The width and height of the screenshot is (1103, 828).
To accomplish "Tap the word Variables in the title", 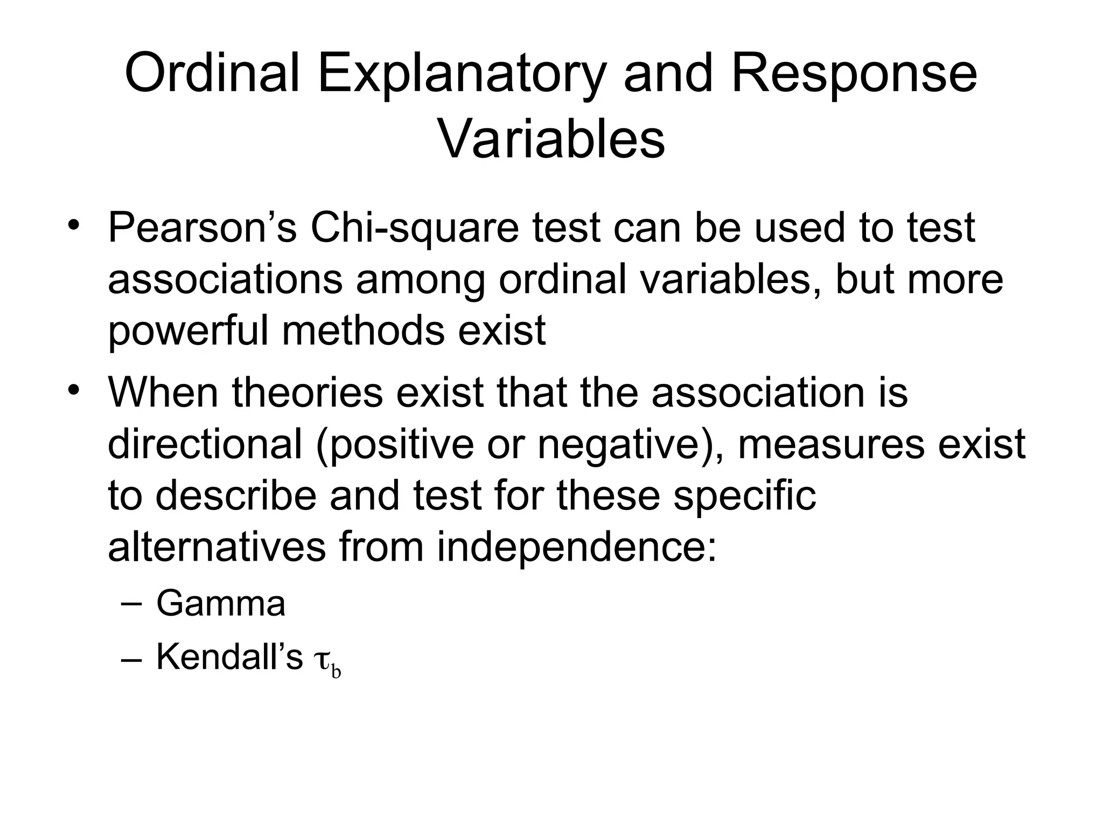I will pyautogui.click(x=551, y=140).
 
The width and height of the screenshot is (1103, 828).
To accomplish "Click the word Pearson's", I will pyautogui.click(x=203, y=228).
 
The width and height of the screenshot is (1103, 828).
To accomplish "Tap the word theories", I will pyautogui.click(x=308, y=392).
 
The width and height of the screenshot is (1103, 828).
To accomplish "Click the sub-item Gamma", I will pyautogui.click(x=221, y=603).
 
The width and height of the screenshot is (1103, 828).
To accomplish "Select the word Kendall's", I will pyautogui.click(x=229, y=657).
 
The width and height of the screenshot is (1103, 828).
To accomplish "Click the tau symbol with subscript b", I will pyautogui.click(x=326, y=662).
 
